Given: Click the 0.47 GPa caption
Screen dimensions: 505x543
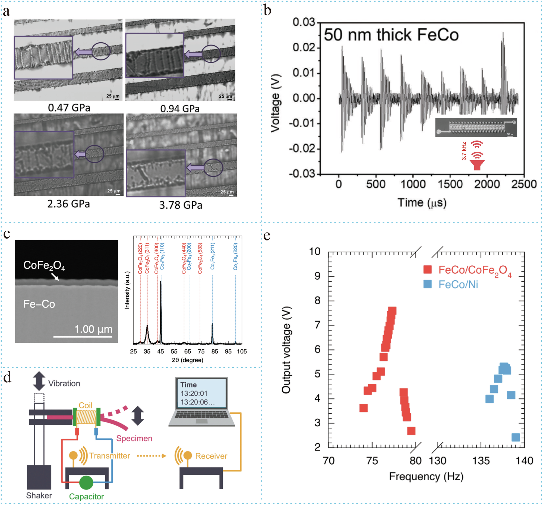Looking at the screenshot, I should point(69,107).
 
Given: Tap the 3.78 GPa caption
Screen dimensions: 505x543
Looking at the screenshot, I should point(181,205).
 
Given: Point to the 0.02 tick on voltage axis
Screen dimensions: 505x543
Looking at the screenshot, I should point(304,47).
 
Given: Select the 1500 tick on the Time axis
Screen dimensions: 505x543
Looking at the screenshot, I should point(450,184).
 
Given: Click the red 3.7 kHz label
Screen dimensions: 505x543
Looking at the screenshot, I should point(464,151).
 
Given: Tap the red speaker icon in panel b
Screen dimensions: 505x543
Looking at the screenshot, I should point(477,165).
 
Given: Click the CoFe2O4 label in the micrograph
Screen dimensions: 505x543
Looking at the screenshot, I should point(44,265).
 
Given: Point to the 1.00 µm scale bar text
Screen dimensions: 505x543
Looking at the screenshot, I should point(93,329).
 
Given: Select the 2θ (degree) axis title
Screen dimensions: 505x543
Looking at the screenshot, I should point(187,360).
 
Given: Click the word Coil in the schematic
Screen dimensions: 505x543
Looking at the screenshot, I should point(86,405).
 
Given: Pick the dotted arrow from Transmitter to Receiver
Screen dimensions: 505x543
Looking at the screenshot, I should point(151,456).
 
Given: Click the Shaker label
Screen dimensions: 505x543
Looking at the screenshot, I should point(39,496).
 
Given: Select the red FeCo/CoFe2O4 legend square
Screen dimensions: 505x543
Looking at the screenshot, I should point(427,269).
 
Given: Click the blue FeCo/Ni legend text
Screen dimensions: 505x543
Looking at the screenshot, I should point(458,284).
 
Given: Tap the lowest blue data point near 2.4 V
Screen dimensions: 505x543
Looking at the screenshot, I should point(515,437).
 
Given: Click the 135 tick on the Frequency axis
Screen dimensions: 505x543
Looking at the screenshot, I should point(481,461).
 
